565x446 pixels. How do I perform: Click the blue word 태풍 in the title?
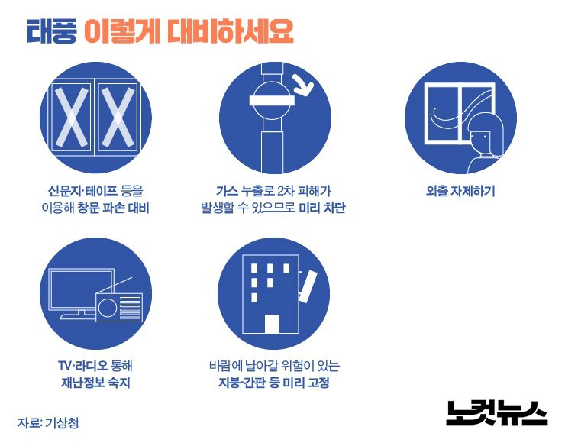pyautogui.click(x=51, y=31)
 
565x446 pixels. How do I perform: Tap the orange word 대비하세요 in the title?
pyautogui.click(x=230, y=31)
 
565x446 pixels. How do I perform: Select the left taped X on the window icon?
pyautogui.click(x=71, y=118)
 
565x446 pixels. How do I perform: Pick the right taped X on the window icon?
pyautogui.click(x=118, y=118)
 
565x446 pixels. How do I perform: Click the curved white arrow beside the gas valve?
pyautogui.click(x=304, y=85)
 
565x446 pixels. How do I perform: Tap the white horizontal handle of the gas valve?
pyautogui.click(x=273, y=101)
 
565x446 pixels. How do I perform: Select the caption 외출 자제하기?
pyautogui.click(x=460, y=191)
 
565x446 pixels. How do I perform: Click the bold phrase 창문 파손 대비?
pyautogui.click(x=114, y=208)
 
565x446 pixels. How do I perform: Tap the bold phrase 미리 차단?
pyautogui.click(x=322, y=208)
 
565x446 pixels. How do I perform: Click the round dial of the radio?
pyautogui.click(x=108, y=309)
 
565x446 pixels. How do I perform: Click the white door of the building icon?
pyautogui.click(x=272, y=324)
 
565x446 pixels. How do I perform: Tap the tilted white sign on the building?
pyautogui.click(x=308, y=286)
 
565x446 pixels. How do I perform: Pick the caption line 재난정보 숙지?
pyautogui.click(x=95, y=383)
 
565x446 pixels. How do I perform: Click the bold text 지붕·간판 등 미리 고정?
pyautogui.click(x=274, y=383)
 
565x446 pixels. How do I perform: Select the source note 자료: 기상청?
pyautogui.click(x=48, y=422)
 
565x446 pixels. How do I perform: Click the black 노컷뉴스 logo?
pyautogui.click(x=496, y=413)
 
